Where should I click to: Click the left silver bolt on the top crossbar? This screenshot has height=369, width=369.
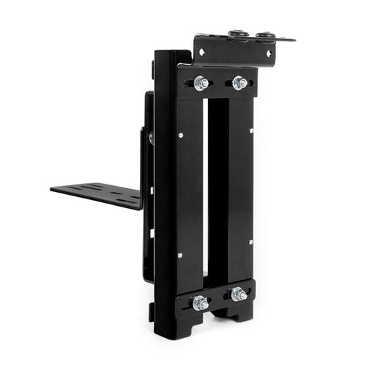pos(201,83)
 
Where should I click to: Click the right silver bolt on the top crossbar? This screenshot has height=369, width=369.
pos(239,83)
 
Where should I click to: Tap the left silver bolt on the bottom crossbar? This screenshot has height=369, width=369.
pos(199,303)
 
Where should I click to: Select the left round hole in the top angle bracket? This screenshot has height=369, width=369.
pos(201,53)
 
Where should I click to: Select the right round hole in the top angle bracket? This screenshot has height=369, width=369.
pos(269,53)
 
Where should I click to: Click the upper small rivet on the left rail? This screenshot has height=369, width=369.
pos(181,134)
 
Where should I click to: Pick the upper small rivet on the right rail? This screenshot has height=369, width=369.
pos(251,131)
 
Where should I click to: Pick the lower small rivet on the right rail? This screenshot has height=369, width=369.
pos(251,241)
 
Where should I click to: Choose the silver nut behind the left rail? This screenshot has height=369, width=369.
pos(151,137)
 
